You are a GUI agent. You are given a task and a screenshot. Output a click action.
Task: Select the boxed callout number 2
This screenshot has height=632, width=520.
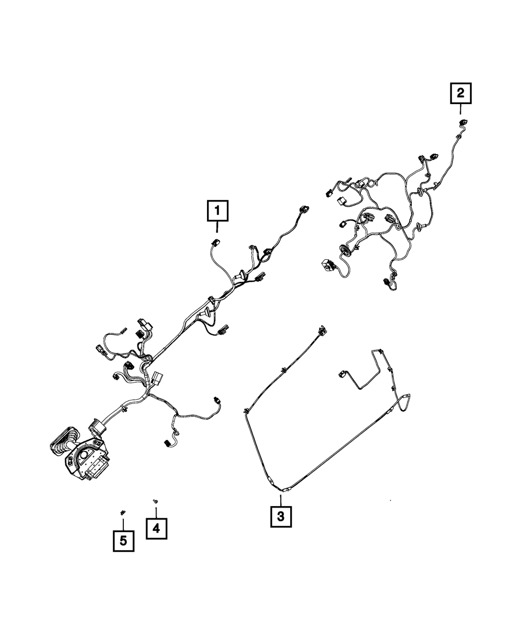pos(460,94)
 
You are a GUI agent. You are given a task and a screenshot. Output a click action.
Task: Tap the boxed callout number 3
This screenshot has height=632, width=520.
pos(280,517)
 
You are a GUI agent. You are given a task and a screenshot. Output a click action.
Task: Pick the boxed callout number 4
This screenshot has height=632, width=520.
pos(157,528)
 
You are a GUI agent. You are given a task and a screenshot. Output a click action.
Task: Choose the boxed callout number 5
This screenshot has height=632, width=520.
pos(123,541)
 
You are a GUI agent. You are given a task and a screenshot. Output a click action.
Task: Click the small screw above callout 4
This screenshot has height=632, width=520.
pos(155,500)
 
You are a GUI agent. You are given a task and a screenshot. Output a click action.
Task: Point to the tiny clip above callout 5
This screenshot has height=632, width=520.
pos(123,513)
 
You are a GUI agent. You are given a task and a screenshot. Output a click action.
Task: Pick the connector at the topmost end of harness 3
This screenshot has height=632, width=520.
pos(321,329)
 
